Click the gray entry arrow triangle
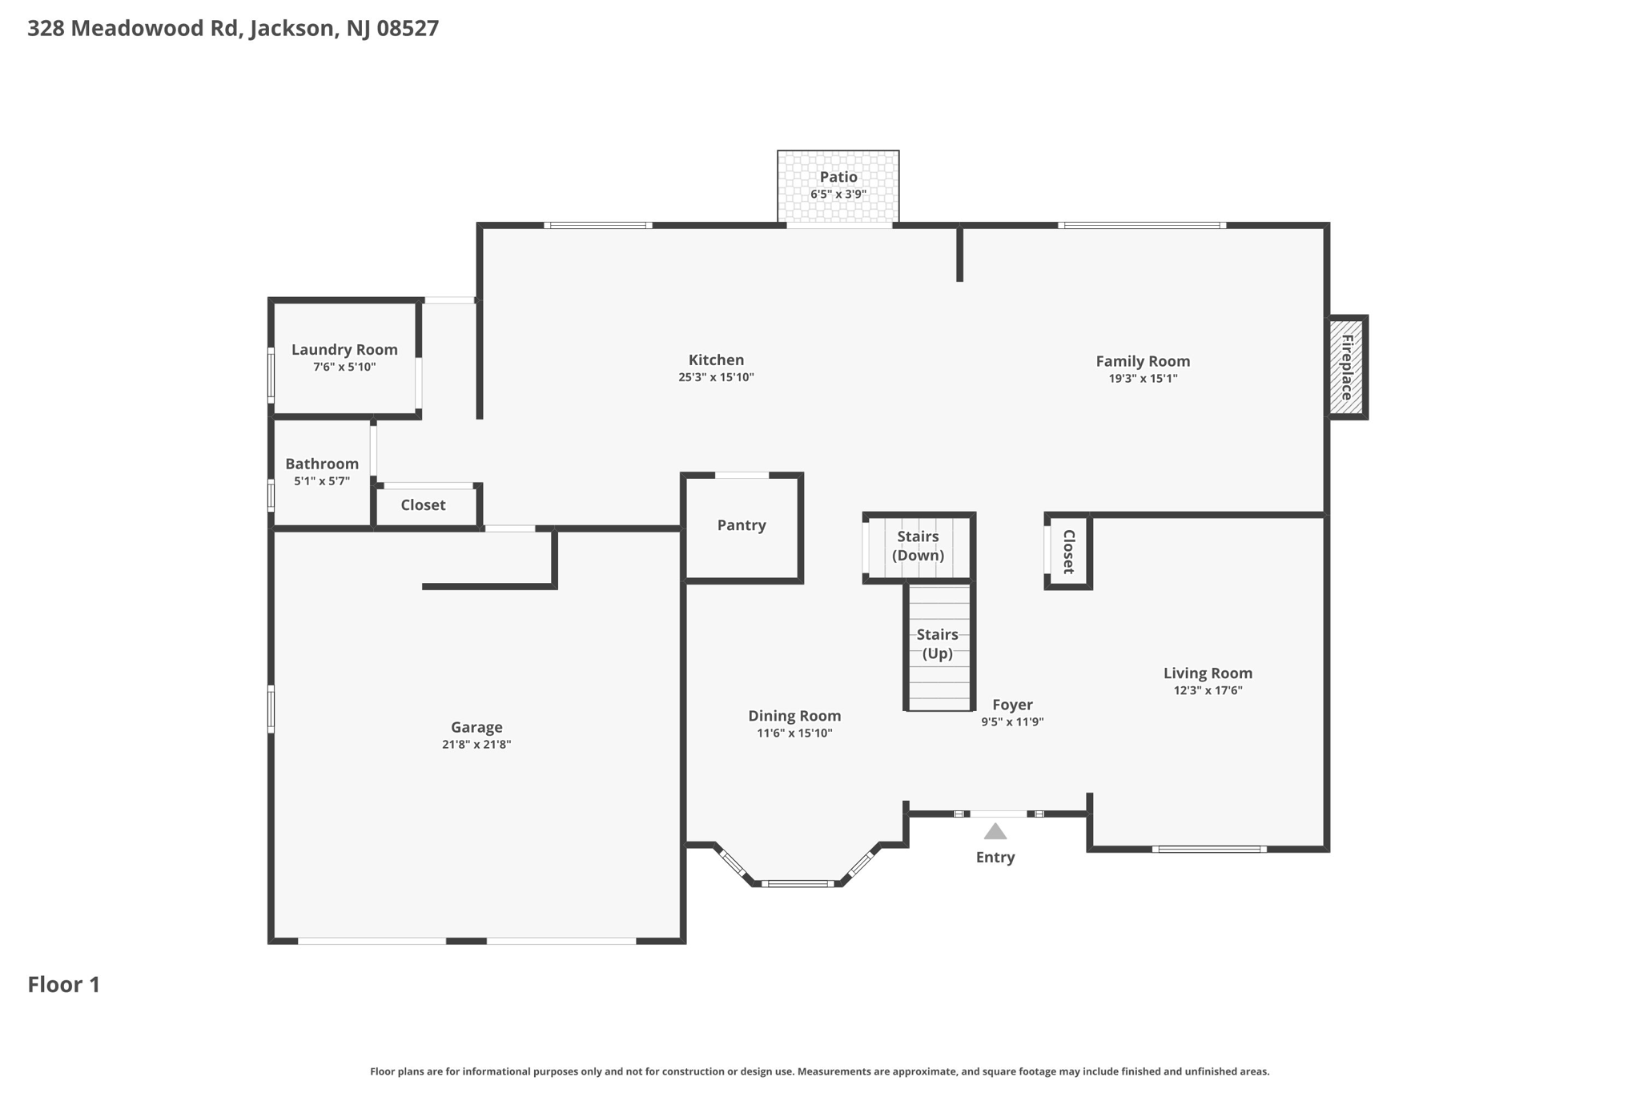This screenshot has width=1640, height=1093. coord(995,831)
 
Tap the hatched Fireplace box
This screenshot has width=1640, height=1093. coord(1347,368)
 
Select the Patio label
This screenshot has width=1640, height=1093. coord(838,177)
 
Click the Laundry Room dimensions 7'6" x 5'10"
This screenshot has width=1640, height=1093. coord(344,368)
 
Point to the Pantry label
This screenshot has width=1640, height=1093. coord(742,525)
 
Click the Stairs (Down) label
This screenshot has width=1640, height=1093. coord(918,546)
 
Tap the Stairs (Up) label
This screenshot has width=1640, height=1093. coord(938,644)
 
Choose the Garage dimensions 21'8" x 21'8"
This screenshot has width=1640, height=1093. coord(476,745)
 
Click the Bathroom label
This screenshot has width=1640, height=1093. coord(322,464)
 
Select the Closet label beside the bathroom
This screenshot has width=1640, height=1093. coord(423,505)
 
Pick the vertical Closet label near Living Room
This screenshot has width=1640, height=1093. coord(1068,552)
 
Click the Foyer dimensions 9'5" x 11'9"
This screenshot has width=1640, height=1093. coord(1012,722)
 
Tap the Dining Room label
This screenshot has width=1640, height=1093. coord(794,716)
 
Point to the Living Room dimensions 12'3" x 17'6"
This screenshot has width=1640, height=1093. coord(1208,691)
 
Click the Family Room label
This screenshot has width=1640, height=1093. coord(1143,361)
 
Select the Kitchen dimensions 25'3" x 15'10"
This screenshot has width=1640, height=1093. coord(716,377)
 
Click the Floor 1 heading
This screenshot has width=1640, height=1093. coord(64,985)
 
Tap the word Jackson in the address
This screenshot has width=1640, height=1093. coord(292,29)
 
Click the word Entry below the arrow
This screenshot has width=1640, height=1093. coord(995,858)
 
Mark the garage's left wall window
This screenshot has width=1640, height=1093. coord(271,709)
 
